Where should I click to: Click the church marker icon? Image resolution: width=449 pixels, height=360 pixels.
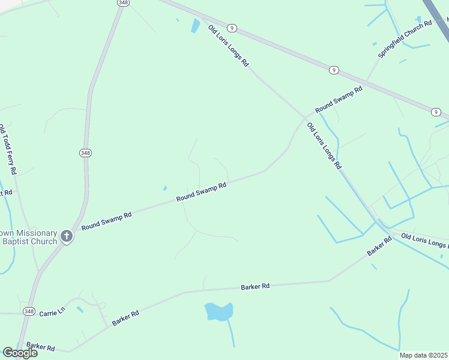pyautogui.click(x=67, y=236)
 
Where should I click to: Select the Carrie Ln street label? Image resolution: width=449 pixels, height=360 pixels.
pyautogui.click(x=52, y=313)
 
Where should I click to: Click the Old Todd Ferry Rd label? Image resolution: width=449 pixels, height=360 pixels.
pyautogui.click(x=8, y=149)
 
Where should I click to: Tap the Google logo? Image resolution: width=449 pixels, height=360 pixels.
pyautogui.click(x=20, y=353)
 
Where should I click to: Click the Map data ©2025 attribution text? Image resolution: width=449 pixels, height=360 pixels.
pyautogui.click(x=424, y=355)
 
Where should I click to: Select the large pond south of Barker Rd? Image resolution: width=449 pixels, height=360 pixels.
pyautogui.click(x=218, y=311)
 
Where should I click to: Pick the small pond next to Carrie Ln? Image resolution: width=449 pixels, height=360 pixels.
pyautogui.click(x=80, y=310)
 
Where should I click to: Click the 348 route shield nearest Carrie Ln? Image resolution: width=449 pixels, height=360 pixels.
pyautogui.click(x=29, y=311)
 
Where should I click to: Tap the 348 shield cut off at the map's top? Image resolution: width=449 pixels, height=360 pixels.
pyautogui.click(x=123, y=3)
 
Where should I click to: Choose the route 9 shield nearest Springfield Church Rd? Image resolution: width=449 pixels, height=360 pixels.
pyautogui.click(x=333, y=70)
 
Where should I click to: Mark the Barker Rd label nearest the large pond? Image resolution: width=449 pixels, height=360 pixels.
pyautogui.click(x=255, y=287)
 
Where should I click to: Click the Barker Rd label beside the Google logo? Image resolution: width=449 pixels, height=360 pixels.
pyautogui.click(x=40, y=347)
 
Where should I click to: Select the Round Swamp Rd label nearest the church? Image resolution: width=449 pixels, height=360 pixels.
pyautogui.click(x=106, y=221)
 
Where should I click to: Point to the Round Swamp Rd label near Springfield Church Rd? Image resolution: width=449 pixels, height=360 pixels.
pyautogui.click(x=339, y=100)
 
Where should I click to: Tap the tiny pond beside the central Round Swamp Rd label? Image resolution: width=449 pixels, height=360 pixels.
pyautogui.click(x=164, y=188)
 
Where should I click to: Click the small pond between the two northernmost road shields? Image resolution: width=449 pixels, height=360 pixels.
pyautogui.click(x=195, y=26)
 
